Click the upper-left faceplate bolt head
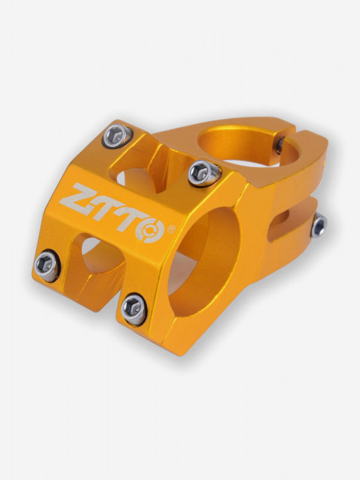click(117, 135)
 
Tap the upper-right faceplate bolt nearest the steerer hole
click(203, 172)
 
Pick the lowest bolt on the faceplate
click(134, 308)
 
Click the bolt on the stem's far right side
click(318, 225)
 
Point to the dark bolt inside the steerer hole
click(280, 145)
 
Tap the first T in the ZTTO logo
click(106, 204)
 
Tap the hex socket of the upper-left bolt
click(116, 135)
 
